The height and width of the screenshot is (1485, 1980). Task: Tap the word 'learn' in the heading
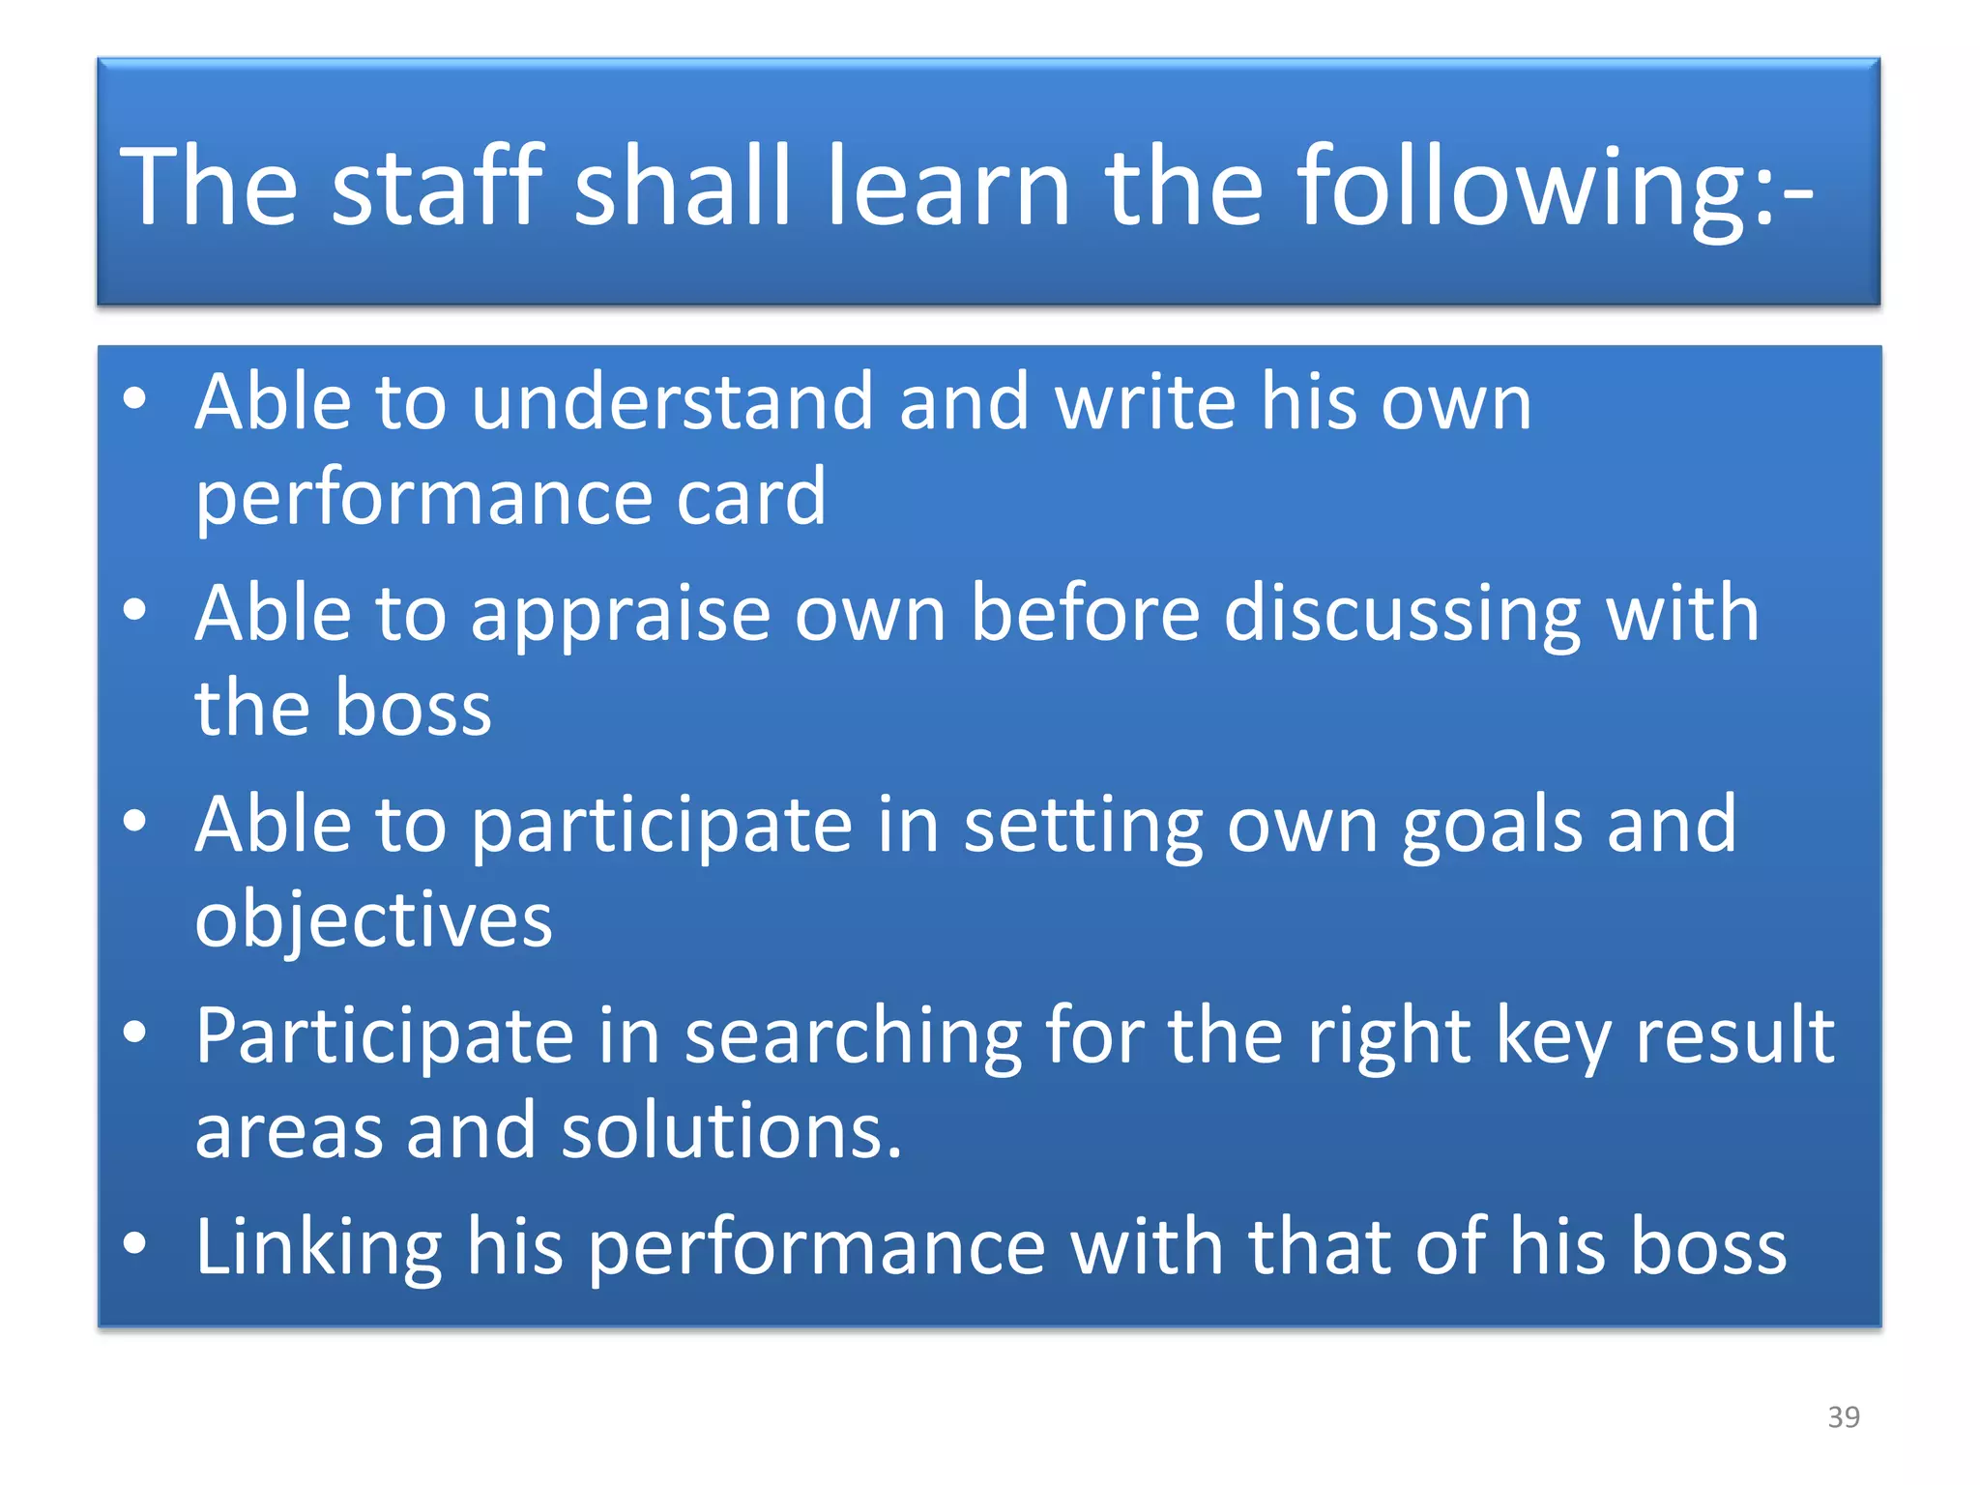(x=947, y=186)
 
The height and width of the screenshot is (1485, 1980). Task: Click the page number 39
(x=1844, y=1417)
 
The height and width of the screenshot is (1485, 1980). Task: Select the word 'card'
(x=750, y=497)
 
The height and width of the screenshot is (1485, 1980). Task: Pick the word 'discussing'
(x=1402, y=616)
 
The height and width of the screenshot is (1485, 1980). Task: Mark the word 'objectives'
(x=373, y=920)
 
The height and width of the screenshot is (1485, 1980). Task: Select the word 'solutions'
(x=731, y=1131)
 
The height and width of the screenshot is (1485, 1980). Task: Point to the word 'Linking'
(x=318, y=1248)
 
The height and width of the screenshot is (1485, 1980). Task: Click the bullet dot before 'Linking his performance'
(x=135, y=1243)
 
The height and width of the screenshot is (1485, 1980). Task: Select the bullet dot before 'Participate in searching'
(x=135, y=1032)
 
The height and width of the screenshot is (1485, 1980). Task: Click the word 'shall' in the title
(x=683, y=186)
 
